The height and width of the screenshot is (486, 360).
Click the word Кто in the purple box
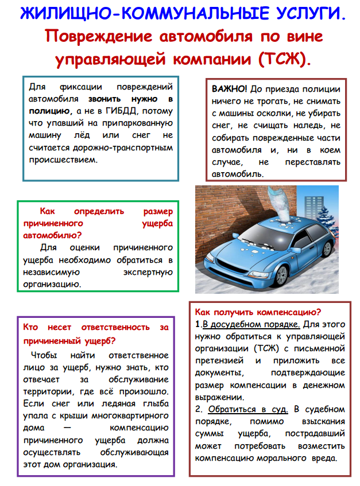coord(32,328)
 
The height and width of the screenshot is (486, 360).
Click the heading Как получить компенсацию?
coord(258,312)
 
